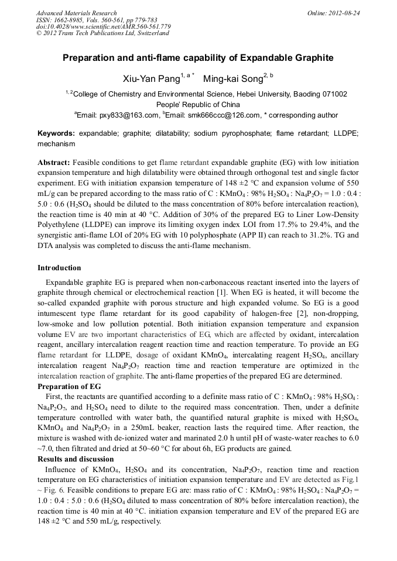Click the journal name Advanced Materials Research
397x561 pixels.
click(76, 13)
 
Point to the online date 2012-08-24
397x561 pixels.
click(346, 13)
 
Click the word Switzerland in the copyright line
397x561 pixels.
click(151, 33)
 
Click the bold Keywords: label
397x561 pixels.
click(56, 133)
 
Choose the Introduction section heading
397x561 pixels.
click(59, 268)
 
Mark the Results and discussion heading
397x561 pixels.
click(76, 459)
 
